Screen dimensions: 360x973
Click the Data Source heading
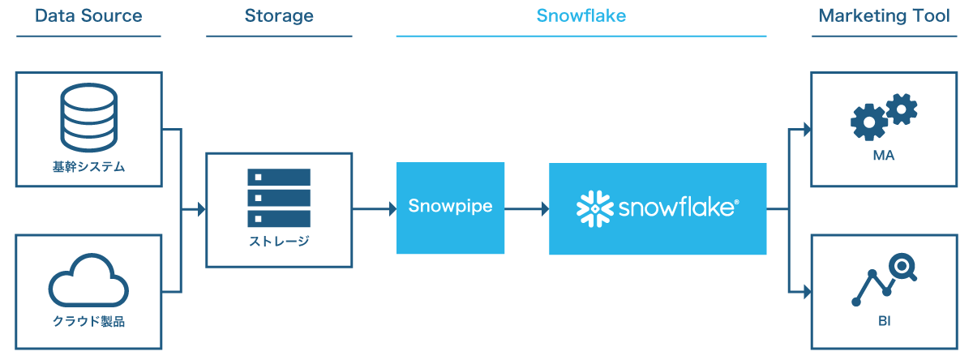[88, 16]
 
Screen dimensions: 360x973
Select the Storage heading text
[279, 16]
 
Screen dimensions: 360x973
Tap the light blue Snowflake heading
[581, 16]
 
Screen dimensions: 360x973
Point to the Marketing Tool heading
[884, 16]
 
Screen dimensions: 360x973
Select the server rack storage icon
[279, 197]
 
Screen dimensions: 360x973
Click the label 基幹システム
[88, 168]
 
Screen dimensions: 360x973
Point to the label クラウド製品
[88, 321]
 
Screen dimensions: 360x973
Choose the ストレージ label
[279, 241]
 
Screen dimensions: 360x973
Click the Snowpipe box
[450, 207]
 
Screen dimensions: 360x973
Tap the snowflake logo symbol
[594, 208]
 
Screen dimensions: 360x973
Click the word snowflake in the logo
[678, 208]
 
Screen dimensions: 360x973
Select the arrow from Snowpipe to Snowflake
[526, 209]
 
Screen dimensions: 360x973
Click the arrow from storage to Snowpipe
[375, 209]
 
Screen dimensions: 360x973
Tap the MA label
[884, 156]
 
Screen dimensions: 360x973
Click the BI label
[884, 321]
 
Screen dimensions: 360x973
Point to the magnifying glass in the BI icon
[902, 267]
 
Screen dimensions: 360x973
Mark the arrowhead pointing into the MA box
[806, 128]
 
